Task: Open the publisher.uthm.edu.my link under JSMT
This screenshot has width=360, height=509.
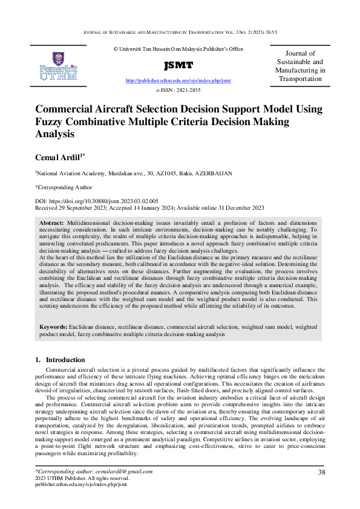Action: point(178,80)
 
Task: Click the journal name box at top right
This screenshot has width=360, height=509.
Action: point(300,66)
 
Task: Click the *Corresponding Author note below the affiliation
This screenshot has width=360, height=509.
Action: point(64,187)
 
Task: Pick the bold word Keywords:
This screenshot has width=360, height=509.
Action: point(54,326)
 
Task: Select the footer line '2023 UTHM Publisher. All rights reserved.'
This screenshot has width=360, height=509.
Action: point(79,478)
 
